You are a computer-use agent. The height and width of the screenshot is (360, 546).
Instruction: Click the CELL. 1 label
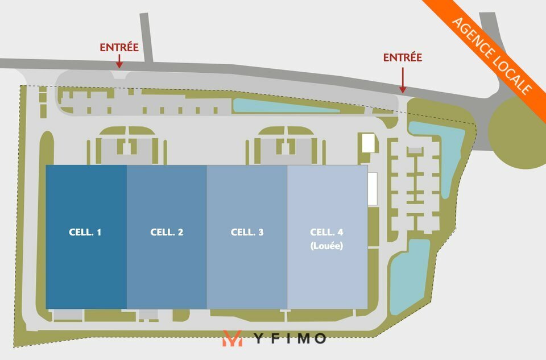pyautogui.click(x=85, y=232)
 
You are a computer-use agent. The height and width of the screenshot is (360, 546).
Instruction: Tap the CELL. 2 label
pyautogui.click(x=167, y=232)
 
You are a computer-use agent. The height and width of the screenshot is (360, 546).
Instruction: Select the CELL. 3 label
pyautogui.click(x=247, y=232)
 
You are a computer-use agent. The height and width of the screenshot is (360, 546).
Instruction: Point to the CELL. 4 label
pyautogui.click(x=326, y=232)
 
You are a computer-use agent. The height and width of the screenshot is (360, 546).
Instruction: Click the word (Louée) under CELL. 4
pyautogui.click(x=326, y=246)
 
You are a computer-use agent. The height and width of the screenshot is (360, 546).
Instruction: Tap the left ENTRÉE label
pyautogui.click(x=119, y=47)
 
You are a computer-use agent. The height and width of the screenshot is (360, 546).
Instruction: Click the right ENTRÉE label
pyautogui.click(x=403, y=57)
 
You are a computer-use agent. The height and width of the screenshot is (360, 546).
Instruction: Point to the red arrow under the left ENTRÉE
pyautogui.click(x=119, y=61)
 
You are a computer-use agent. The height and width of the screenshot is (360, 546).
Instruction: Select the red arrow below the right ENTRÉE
pyautogui.click(x=403, y=80)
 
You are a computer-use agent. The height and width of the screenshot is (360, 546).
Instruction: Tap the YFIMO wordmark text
pyautogui.click(x=289, y=338)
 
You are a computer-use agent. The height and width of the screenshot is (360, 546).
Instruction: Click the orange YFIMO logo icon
pyautogui.click(x=233, y=338)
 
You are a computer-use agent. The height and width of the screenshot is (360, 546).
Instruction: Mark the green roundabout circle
pyautogui.click(x=517, y=133)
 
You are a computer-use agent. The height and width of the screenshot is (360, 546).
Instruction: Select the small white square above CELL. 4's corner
pyautogui.click(x=369, y=143)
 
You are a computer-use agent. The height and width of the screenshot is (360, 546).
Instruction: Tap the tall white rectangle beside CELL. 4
pyautogui.click(x=373, y=188)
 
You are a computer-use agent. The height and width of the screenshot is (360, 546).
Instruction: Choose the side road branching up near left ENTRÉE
pyautogui.click(x=147, y=38)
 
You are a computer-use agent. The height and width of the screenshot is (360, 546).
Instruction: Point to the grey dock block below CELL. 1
pyautogui.click(x=68, y=315)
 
